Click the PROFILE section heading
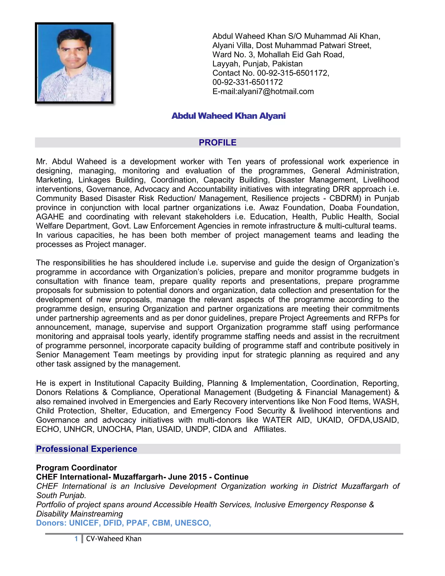(x=218, y=142)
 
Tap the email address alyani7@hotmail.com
(x=276, y=92)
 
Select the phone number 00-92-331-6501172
(x=247, y=82)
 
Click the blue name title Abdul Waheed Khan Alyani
(x=228, y=116)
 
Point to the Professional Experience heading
(x=86, y=449)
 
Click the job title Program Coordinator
(x=76, y=468)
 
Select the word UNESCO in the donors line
(x=193, y=523)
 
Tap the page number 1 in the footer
(x=76, y=539)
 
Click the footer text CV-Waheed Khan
(x=114, y=539)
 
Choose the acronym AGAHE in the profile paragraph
(x=50, y=217)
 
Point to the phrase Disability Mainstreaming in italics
(x=79, y=514)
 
